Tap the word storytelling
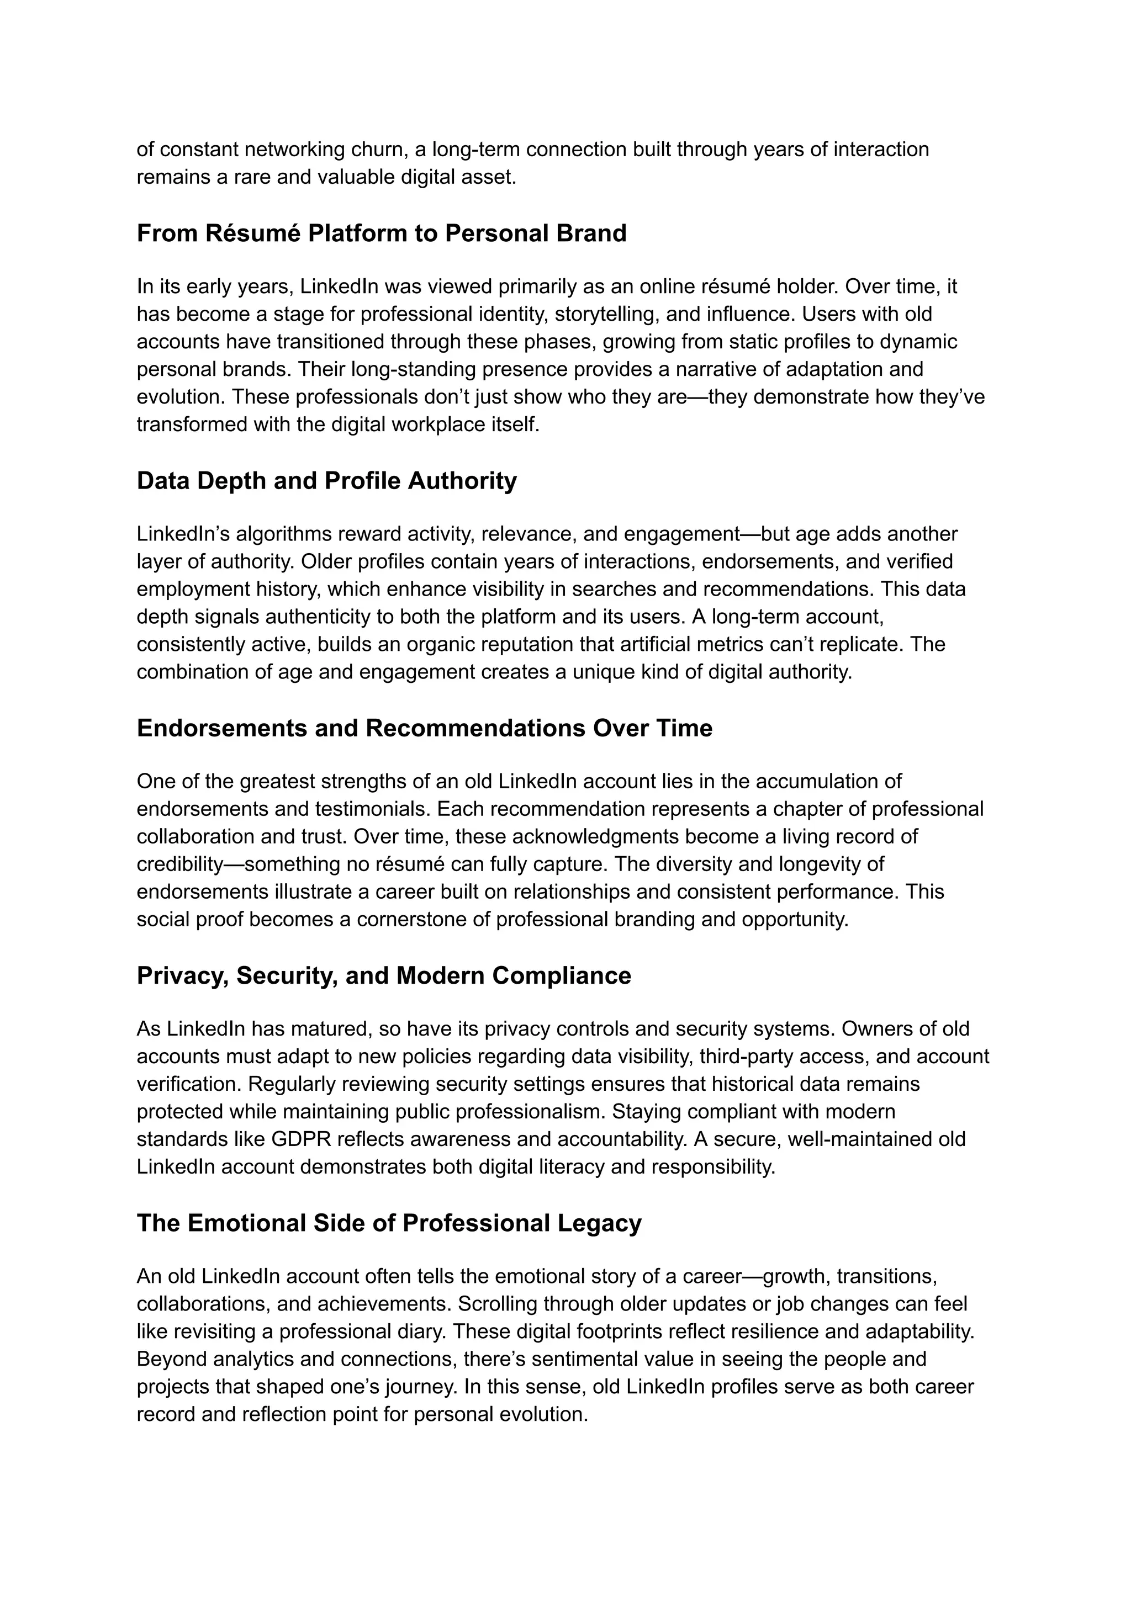pyautogui.click(x=606, y=314)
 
